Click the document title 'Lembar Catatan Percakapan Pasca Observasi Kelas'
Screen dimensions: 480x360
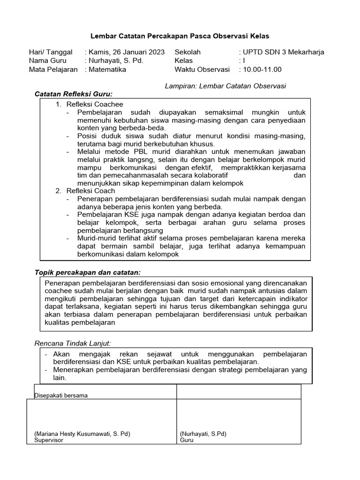point(180,36)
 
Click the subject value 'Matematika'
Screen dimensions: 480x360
point(107,69)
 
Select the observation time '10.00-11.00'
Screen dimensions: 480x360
point(262,69)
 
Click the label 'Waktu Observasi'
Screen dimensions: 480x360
point(202,69)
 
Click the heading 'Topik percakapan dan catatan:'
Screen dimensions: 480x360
point(88,272)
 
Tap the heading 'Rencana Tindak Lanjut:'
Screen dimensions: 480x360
point(73,344)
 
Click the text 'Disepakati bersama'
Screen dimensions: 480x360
point(61,395)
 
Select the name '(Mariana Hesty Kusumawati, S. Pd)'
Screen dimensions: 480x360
point(82,434)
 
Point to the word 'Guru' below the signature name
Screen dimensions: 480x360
point(186,440)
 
